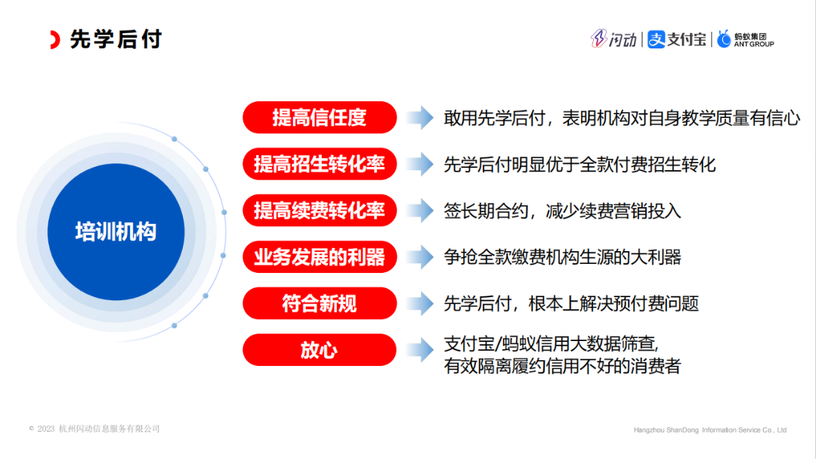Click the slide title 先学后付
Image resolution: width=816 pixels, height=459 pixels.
tap(116, 39)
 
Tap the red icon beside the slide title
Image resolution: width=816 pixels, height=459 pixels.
tap(55, 39)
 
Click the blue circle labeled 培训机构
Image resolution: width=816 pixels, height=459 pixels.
tap(116, 232)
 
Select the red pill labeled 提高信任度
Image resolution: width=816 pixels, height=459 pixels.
tap(320, 117)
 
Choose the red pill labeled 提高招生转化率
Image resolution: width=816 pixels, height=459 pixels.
tap(320, 164)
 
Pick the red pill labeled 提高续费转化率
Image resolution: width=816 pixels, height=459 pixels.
tap(320, 210)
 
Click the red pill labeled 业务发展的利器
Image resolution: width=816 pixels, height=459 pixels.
tap(320, 257)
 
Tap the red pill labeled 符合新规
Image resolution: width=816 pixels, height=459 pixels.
tap(320, 303)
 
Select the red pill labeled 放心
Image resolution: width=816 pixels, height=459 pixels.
tap(320, 349)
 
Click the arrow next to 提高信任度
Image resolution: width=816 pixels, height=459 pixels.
tap(420, 117)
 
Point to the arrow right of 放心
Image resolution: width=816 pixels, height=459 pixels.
tap(420, 349)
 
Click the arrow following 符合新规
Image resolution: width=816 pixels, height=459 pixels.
tap(420, 303)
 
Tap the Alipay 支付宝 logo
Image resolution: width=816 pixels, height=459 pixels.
tap(676, 39)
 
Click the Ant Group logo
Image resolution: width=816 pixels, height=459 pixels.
tap(745, 39)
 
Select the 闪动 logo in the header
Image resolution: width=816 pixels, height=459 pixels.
tap(614, 39)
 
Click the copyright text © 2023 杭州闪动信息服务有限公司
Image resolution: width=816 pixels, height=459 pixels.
tap(94, 429)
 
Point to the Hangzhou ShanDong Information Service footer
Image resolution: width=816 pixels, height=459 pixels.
tap(709, 430)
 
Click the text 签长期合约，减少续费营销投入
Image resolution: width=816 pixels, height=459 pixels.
tap(562, 211)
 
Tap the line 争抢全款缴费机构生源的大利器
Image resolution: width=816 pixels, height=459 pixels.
tap(562, 257)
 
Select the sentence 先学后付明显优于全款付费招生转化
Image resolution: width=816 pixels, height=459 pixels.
tap(580, 165)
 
